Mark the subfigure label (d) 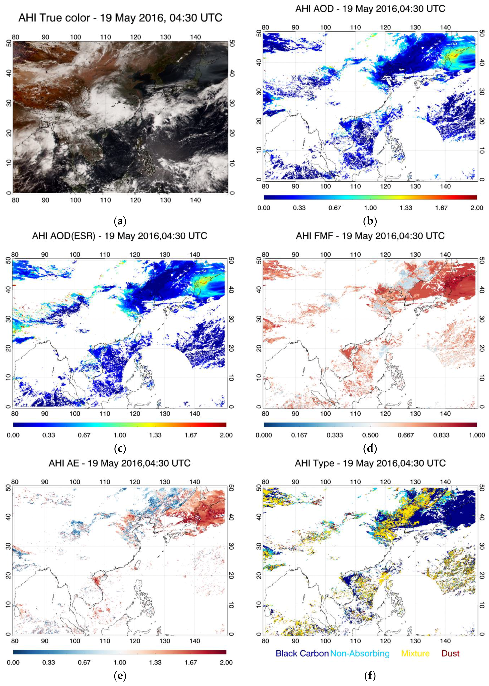370,449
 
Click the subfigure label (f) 370,676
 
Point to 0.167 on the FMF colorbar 299,435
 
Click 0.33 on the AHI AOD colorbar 299,208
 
